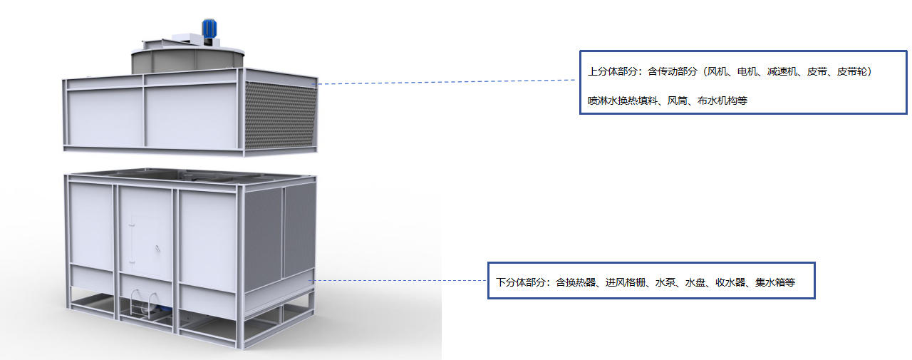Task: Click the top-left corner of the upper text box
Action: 580,51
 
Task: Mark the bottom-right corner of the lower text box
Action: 814,299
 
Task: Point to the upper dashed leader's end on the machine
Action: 318,84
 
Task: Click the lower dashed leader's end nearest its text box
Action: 487,280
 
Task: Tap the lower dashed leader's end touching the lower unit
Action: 309,281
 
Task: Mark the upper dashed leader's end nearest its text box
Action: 575,80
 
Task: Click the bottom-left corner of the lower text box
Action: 488,299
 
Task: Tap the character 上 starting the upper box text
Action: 593,72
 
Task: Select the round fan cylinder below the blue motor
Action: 187,62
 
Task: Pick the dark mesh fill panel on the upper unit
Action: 281,115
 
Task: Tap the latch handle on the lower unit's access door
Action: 157,248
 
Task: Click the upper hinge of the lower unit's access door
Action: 132,224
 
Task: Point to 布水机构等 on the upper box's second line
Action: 722,101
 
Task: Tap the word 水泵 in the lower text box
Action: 665,282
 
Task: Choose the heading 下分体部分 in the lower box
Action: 521,282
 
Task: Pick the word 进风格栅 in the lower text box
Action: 626,282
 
